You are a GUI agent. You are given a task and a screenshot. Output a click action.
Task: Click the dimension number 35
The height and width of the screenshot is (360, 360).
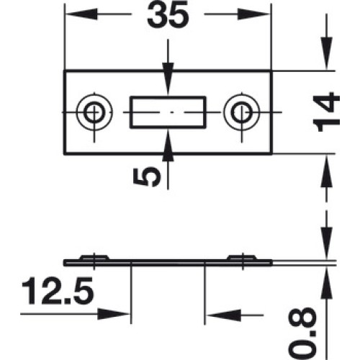[x=168, y=15]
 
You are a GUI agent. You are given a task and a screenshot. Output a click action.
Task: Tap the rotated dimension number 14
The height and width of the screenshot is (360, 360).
[x=326, y=112]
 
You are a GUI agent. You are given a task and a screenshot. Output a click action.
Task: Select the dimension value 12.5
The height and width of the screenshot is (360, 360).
[x=58, y=291]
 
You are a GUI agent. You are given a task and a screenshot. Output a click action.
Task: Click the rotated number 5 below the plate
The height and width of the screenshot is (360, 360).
[x=147, y=177]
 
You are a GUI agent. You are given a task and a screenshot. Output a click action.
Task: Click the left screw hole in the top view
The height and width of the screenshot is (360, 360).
[x=94, y=112]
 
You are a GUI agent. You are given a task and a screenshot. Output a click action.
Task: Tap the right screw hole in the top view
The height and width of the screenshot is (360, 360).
[x=242, y=112]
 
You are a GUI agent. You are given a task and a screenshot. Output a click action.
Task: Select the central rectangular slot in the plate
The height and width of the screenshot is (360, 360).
[x=168, y=112]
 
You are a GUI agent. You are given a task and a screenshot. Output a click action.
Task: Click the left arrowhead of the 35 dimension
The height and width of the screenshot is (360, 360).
[x=81, y=14]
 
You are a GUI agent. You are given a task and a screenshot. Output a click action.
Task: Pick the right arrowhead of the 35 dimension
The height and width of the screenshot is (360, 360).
[x=254, y=14]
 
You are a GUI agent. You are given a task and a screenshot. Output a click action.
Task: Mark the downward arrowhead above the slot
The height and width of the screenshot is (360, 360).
[x=168, y=79]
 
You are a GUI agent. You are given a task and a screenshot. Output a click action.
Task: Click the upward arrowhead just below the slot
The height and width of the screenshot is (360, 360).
[x=168, y=145]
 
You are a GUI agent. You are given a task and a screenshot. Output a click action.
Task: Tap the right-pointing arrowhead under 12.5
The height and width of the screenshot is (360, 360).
[x=114, y=314]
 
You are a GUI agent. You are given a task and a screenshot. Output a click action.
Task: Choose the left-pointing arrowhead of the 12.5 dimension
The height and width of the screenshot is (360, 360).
[x=223, y=315]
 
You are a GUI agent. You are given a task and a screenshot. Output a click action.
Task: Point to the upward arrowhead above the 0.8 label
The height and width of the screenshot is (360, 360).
[x=327, y=283]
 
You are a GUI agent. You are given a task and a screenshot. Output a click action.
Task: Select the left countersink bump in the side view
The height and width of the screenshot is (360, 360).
[x=94, y=257]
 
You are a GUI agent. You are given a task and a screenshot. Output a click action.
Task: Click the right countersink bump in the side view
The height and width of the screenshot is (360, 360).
[x=243, y=257]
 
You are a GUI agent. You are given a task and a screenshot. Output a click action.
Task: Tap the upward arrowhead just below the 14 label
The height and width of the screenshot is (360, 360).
[x=327, y=171]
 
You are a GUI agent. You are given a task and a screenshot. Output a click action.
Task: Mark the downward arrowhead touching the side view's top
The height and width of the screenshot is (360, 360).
[x=327, y=243]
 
